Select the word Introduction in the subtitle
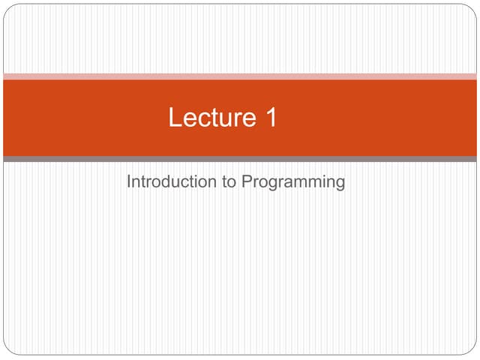tap(172, 182)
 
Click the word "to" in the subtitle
tap(230, 182)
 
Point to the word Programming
tap(294, 183)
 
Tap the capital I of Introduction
tap(129, 181)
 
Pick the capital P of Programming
tap(247, 181)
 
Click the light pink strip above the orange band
tap(240, 76)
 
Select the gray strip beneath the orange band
tap(240, 159)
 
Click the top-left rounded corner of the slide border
tap(7, 8)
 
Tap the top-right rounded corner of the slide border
tap(472, 8)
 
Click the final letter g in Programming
tap(340, 184)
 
